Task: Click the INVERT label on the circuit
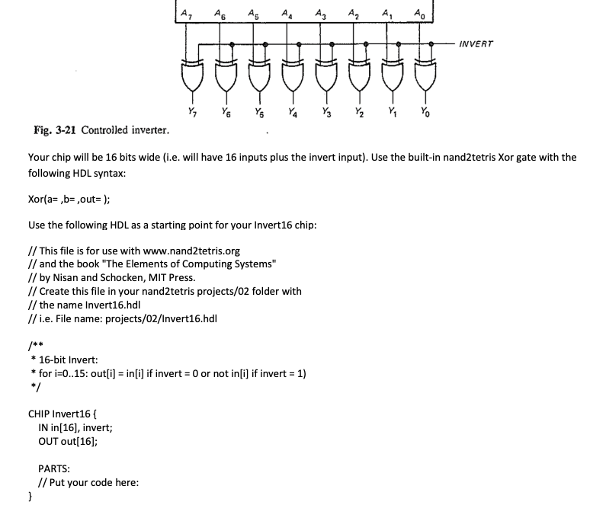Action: tap(476, 44)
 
